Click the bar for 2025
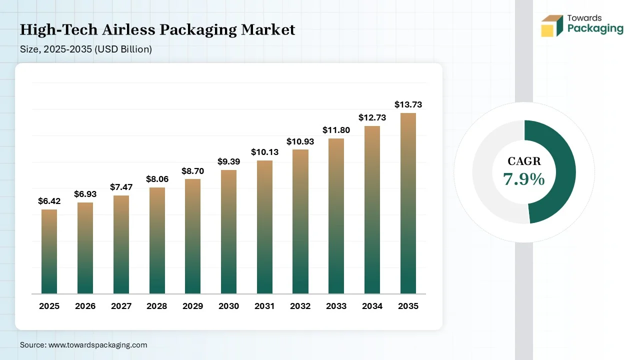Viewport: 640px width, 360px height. click(49, 251)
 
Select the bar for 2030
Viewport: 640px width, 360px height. click(228, 231)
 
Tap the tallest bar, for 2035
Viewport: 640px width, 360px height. click(408, 203)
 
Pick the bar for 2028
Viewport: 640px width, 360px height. click(156, 240)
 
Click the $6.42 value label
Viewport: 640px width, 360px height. click(48, 201)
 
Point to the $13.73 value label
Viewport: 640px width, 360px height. click(408, 104)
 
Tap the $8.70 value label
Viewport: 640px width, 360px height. click(192, 170)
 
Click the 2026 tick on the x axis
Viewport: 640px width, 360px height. click(85, 306)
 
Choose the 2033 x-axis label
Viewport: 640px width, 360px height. click(336, 306)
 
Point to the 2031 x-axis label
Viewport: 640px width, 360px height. click(264, 306)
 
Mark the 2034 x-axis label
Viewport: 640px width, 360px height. click(372, 306)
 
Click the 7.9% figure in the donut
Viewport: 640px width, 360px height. click(524, 178)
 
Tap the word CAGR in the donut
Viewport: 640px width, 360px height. click(524, 161)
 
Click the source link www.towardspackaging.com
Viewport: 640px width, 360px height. click(97, 345)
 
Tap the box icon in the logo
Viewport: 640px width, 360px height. click(552, 25)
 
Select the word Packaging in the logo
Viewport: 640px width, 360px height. click(595, 28)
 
